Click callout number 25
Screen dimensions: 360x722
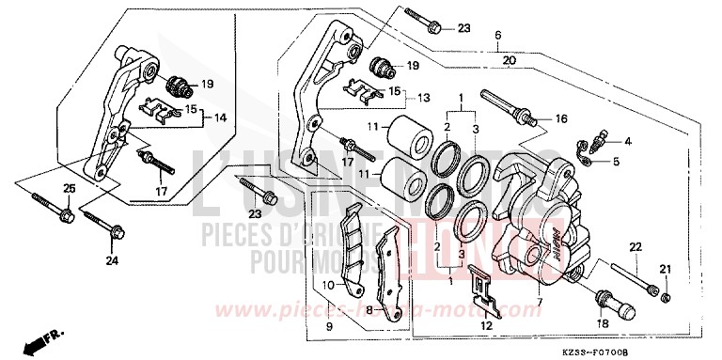coord(68,190)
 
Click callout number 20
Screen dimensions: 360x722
coord(509,61)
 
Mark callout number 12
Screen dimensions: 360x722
coord(486,326)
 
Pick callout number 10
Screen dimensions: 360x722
coord(330,284)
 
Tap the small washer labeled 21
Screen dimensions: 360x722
coord(665,298)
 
